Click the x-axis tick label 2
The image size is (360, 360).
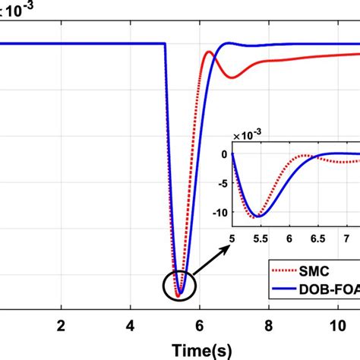tap(62, 325)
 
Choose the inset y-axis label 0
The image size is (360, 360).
tap(223, 154)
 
